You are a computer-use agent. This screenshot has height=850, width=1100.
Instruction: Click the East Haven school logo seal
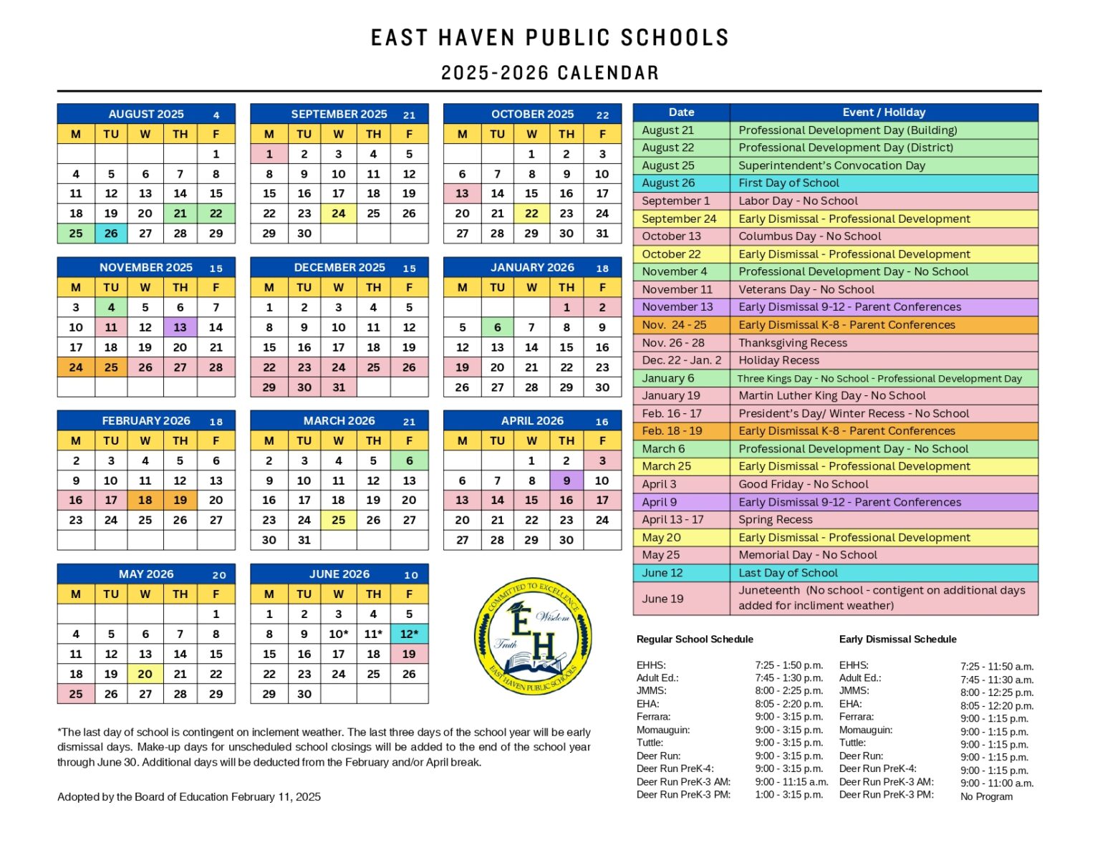click(x=533, y=635)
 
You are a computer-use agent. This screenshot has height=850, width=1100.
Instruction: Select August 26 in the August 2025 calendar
click(x=111, y=233)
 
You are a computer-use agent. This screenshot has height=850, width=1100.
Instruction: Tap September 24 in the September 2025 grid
click(x=339, y=213)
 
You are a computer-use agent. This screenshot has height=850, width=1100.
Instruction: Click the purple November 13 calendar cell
click(x=180, y=327)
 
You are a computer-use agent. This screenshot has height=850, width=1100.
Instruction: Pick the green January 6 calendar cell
click(x=497, y=327)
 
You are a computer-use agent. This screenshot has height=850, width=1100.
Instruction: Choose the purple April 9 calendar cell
click(x=566, y=480)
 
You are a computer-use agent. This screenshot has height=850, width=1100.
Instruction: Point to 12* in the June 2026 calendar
click(x=409, y=634)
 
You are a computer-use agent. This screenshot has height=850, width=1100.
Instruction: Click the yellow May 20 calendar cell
click(x=145, y=674)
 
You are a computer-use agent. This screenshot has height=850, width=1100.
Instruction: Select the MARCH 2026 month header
click(x=339, y=420)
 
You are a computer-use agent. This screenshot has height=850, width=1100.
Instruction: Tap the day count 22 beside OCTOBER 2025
click(x=602, y=115)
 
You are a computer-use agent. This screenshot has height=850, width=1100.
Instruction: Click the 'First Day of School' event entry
click(x=788, y=183)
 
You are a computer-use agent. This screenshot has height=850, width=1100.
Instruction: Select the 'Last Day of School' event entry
click(x=788, y=573)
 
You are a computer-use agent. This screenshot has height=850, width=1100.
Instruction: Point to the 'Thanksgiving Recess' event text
click(x=793, y=343)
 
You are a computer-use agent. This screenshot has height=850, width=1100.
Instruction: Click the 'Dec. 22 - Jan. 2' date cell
click(x=681, y=360)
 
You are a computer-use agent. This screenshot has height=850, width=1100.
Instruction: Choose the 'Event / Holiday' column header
click(x=884, y=112)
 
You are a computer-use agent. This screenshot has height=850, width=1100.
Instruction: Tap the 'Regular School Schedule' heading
click(x=695, y=639)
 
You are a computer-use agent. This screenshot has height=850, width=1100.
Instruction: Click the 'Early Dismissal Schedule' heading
click(x=897, y=639)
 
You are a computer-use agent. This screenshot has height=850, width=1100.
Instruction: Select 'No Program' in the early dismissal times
click(x=986, y=796)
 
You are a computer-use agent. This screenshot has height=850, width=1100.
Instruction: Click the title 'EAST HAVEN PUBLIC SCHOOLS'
click(x=549, y=38)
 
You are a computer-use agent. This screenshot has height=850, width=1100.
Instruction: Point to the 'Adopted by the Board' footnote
click(x=189, y=796)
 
